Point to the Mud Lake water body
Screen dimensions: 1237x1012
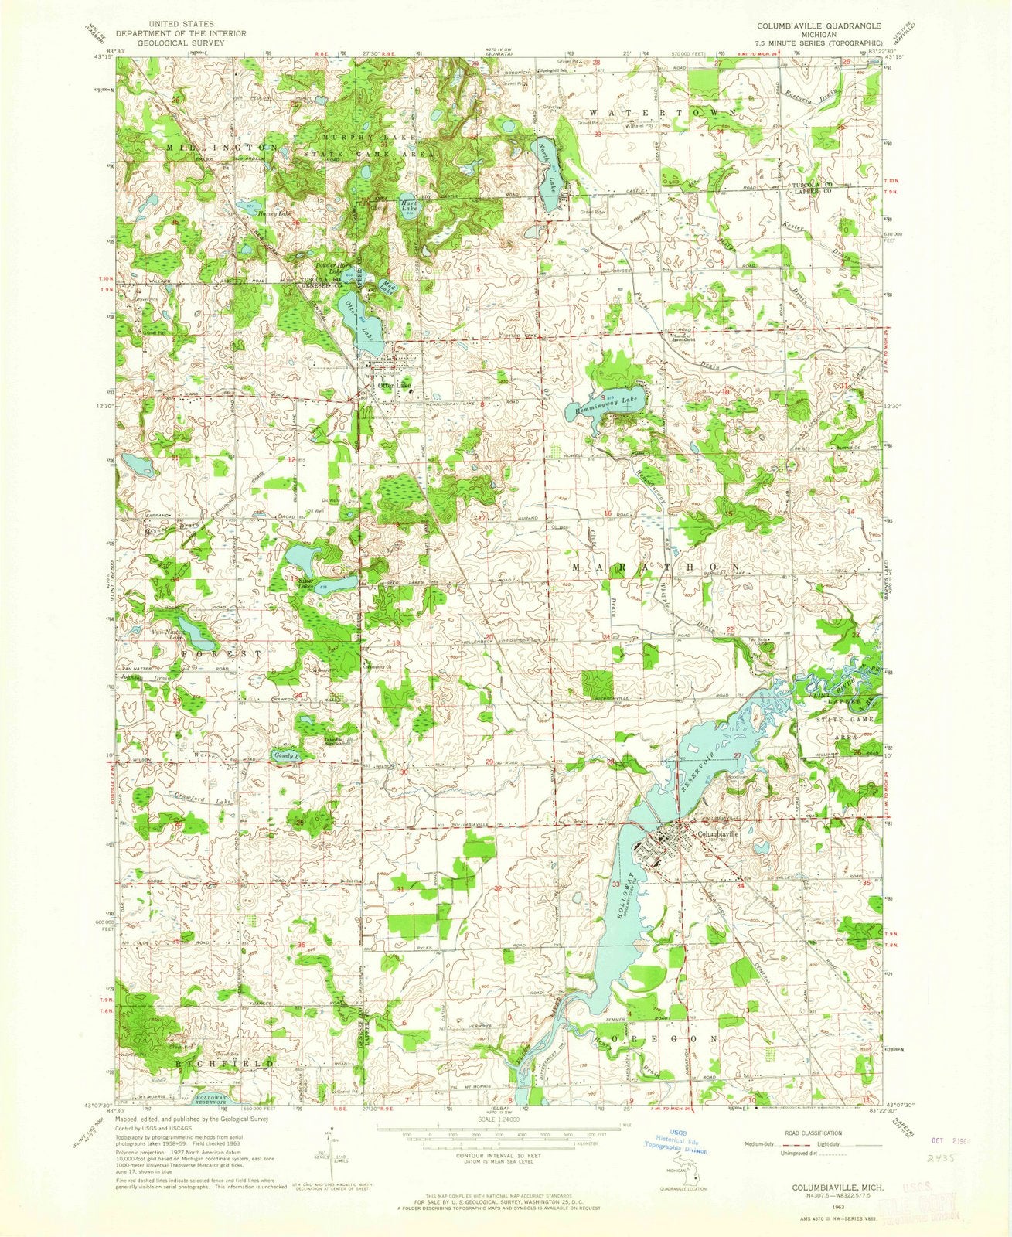(x=387, y=288)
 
